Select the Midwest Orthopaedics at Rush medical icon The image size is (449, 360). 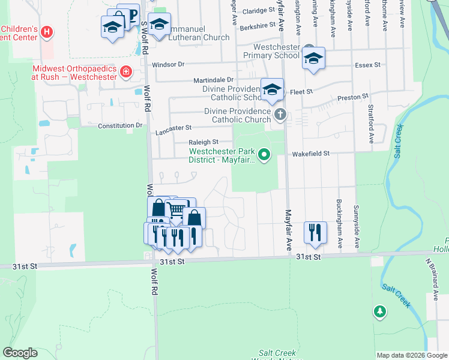pyautogui.click(x=126, y=73)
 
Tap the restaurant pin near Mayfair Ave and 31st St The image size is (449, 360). pyautogui.click(x=315, y=231)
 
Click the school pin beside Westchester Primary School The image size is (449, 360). pyautogui.click(x=313, y=58)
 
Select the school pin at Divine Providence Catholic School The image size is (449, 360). pyautogui.click(x=272, y=89)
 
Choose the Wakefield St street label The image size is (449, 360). pyautogui.click(x=311, y=154)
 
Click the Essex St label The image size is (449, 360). pyautogui.click(x=368, y=64)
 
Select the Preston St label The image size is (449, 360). pyautogui.click(x=352, y=96)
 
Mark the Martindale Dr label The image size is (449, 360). pyautogui.click(x=213, y=80)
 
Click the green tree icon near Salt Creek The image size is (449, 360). pyautogui.click(x=379, y=311)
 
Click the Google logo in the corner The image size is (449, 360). pyautogui.click(x=20, y=353)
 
